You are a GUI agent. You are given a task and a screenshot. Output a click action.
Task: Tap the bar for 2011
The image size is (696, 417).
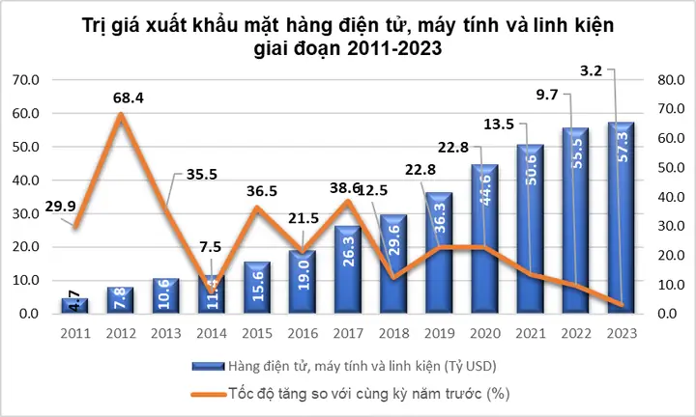tap(74, 305)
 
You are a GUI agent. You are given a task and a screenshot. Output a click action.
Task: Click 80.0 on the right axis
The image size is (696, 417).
tap(670, 80)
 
